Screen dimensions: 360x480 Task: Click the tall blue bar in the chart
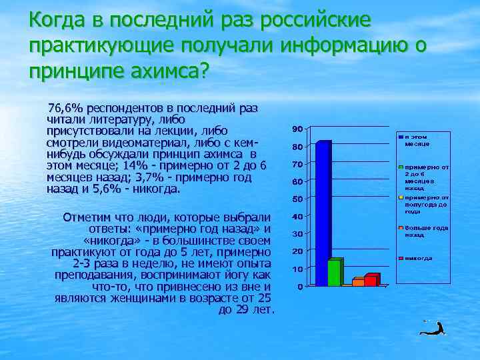click(323, 213)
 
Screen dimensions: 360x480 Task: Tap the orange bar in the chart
click(358, 282)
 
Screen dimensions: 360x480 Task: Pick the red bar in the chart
click(371, 279)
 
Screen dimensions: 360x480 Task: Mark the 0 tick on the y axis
click(301, 287)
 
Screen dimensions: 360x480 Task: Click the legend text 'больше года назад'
click(424, 231)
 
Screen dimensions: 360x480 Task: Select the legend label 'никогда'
click(418, 258)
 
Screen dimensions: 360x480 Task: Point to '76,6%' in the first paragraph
click(64, 108)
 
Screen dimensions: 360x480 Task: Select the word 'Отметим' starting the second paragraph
click(85, 217)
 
